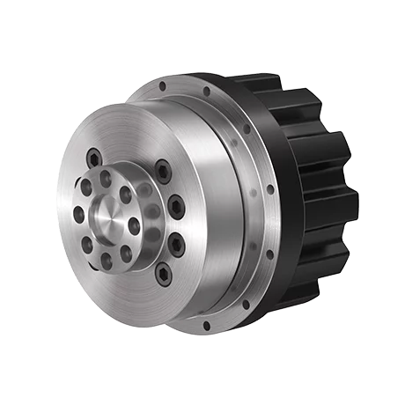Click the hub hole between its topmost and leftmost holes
[85, 188]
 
